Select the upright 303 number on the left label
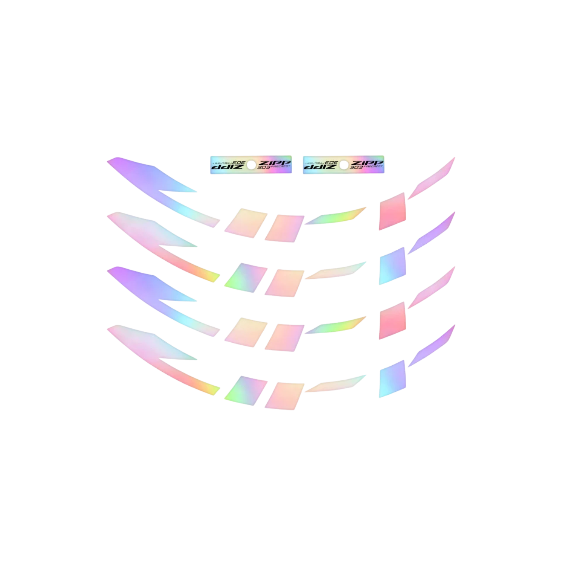pos(264,167)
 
